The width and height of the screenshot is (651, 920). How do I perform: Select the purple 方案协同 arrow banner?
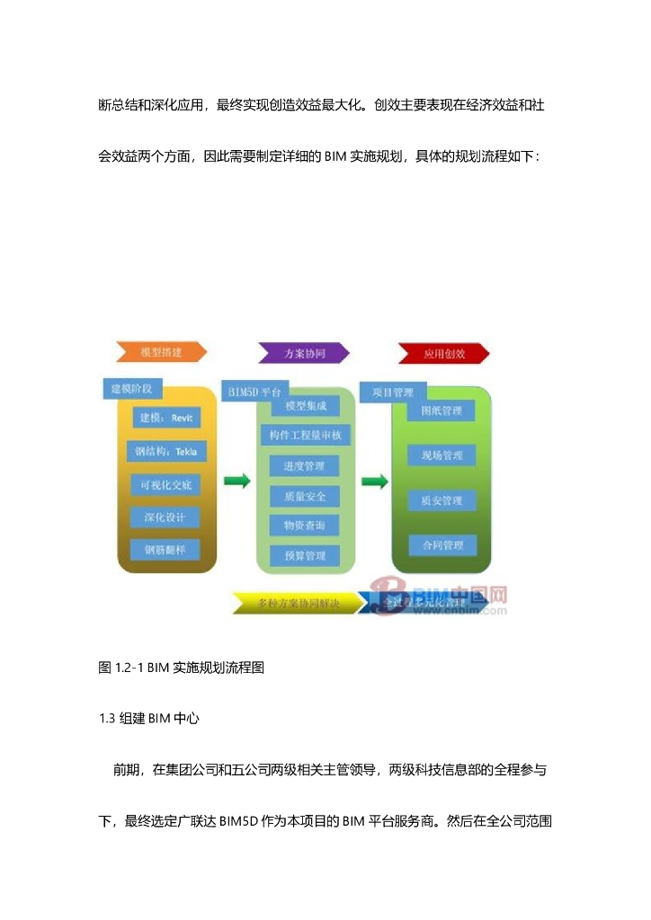303,353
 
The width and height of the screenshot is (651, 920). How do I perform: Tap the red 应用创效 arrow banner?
444,353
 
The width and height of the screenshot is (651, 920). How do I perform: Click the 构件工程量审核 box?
305,435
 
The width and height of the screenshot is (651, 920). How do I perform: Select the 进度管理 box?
305,465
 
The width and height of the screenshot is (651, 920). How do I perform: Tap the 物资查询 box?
305,525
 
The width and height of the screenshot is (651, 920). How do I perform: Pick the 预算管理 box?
305,555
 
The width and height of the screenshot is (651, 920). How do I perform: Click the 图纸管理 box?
441,411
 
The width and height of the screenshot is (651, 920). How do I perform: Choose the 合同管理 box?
441,545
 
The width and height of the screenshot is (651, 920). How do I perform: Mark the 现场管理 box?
441,456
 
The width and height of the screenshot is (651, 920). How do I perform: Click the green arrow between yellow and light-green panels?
237,482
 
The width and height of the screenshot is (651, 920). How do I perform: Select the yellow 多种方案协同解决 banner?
296,603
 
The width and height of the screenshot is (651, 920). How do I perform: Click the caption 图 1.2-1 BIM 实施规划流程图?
181,668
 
